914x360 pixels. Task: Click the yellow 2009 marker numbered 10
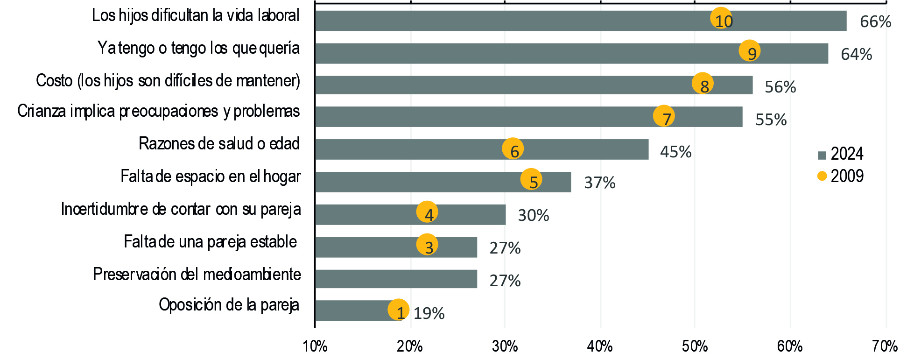click(x=721, y=18)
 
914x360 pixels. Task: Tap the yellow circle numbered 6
click(x=513, y=148)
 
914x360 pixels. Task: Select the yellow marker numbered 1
click(x=398, y=310)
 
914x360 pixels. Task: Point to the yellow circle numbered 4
click(x=427, y=212)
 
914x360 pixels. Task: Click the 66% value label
click(x=875, y=22)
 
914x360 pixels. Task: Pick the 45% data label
click(x=675, y=152)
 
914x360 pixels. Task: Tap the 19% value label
click(x=429, y=313)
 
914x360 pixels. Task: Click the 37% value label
click(x=599, y=183)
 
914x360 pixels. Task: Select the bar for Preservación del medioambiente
click(x=396, y=279)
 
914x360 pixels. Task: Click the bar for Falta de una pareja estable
click(x=396, y=247)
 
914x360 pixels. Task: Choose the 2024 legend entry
click(x=840, y=154)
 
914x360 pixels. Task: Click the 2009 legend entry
click(x=840, y=176)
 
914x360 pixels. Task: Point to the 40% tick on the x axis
click(x=600, y=346)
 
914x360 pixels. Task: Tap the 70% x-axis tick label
click(x=885, y=346)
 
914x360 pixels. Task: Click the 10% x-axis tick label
click(x=315, y=346)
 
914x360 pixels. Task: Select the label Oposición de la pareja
click(x=229, y=305)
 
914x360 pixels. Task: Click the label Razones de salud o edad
click(x=219, y=144)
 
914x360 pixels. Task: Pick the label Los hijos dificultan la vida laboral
click(x=196, y=15)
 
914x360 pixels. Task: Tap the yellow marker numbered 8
click(x=703, y=84)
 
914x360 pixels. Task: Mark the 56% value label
click(x=780, y=87)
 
